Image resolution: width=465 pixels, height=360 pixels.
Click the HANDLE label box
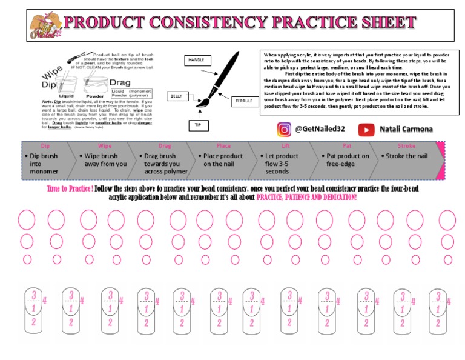[199, 60]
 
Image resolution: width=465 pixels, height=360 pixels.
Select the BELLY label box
[176, 96]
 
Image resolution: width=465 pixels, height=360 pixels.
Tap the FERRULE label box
[244, 101]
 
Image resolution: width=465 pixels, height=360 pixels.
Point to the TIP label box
[197, 125]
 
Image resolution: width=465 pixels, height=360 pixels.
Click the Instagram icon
[284, 129]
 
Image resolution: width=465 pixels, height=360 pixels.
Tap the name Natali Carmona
[407, 129]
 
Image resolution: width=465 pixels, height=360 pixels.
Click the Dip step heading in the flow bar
[45, 146]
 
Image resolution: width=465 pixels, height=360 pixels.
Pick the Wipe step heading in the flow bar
[105, 146]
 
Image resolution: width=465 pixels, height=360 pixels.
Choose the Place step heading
[223, 146]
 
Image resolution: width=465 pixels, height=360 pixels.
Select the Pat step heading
[347, 146]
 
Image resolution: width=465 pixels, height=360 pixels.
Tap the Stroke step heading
[406, 146]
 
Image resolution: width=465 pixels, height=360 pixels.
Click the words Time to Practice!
[70, 189]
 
